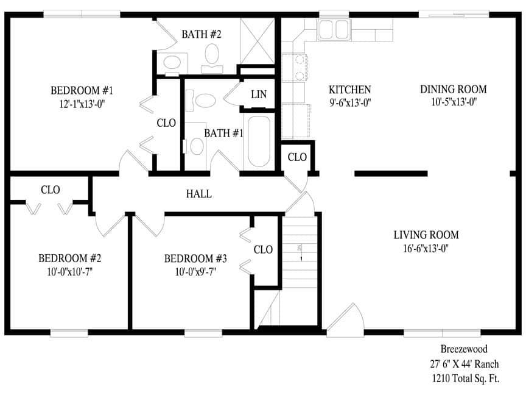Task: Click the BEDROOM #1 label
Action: coord(82,91)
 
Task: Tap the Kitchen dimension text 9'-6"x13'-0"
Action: coord(349,103)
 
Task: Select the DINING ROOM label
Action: coord(453,90)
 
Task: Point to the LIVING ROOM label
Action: coord(426,235)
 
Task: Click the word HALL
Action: coord(198,194)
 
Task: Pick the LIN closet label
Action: coord(259,95)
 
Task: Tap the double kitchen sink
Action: coord(332,29)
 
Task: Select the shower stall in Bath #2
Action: coord(258,40)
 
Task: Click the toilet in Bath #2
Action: coord(212,55)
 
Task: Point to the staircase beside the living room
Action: coord(300,250)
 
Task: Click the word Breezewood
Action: coord(464,349)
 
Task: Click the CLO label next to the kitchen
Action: coord(297,157)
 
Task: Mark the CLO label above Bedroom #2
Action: coord(50,190)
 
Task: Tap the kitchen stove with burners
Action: coord(299,67)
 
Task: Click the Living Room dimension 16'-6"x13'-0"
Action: coord(426,248)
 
